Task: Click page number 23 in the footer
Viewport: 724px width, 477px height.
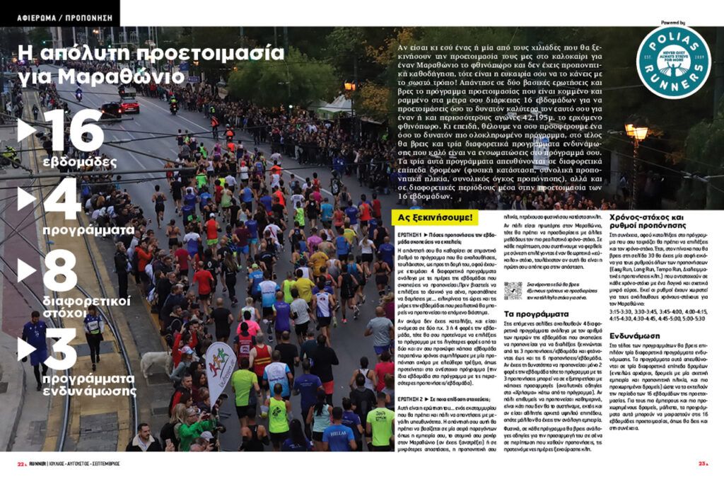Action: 703,464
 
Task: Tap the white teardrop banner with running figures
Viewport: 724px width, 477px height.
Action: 221,372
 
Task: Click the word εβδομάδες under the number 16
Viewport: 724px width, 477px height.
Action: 79,162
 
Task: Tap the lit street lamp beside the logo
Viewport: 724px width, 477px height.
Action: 636,132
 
